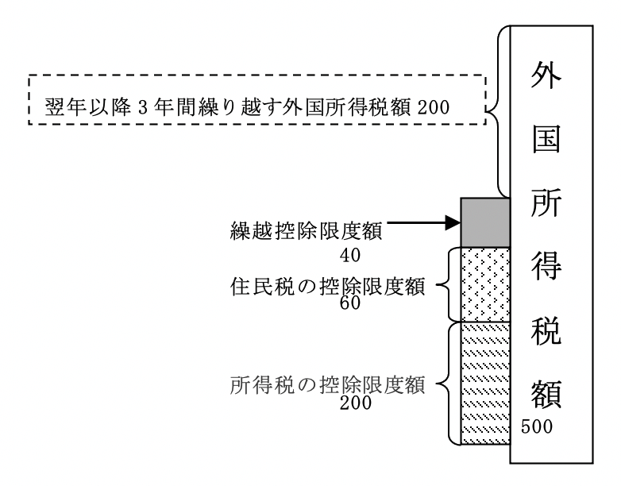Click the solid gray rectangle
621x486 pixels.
click(x=484, y=222)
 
